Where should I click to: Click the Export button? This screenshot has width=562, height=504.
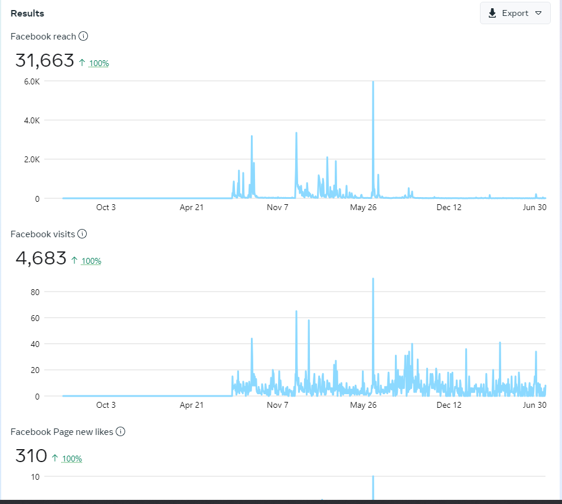(515, 14)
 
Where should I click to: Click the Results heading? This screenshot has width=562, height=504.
(27, 14)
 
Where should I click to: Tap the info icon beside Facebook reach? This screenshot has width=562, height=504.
(83, 37)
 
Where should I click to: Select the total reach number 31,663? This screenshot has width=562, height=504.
(45, 61)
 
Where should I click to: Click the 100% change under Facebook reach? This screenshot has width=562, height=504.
(99, 63)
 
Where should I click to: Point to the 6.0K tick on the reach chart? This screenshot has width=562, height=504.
(31, 81)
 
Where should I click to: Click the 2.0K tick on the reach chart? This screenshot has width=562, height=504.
(31, 159)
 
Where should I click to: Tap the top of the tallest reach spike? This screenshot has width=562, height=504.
(373, 83)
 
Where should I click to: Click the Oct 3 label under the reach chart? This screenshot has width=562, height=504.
(106, 207)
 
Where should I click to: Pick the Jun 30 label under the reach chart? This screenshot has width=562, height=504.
(534, 207)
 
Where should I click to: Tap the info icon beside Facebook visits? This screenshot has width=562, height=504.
(82, 234)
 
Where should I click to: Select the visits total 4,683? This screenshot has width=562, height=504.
(41, 258)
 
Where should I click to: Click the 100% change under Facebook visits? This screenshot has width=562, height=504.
(91, 261)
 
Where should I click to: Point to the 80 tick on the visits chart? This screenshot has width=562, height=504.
(35, 292)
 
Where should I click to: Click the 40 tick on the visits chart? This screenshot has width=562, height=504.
(35, 344)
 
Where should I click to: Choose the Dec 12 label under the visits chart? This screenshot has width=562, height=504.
(449, 405)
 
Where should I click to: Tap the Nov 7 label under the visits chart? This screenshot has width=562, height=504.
(277, 405)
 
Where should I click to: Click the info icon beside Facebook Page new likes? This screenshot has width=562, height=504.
(120, 432)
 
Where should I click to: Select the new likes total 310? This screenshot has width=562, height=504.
(31, 456)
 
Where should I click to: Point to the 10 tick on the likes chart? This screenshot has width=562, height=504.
(35, 477)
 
